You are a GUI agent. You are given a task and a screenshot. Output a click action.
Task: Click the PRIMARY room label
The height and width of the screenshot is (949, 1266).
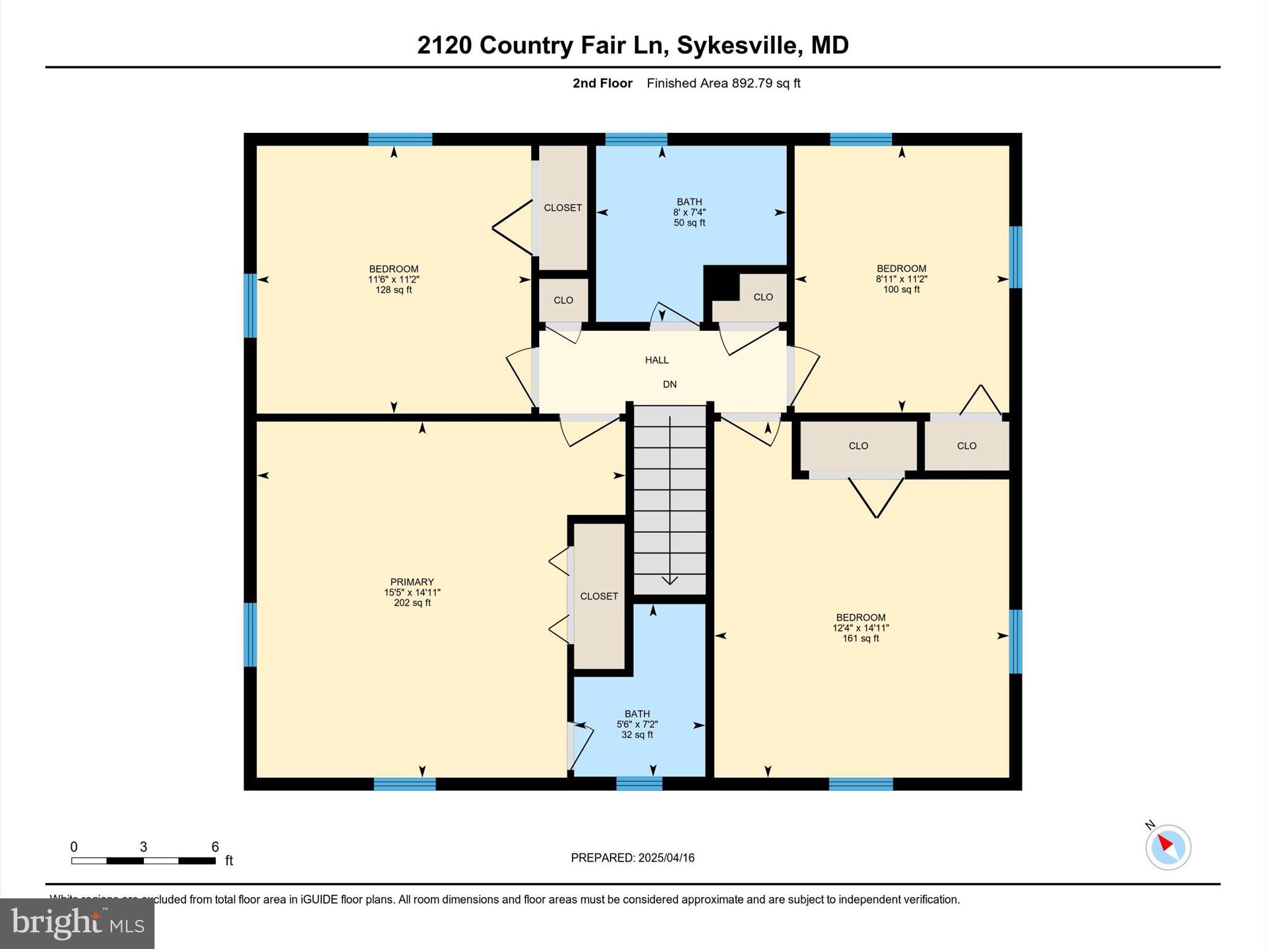coord(412,582)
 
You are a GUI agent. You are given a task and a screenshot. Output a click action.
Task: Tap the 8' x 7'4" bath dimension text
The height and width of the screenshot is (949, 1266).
coord(689,213)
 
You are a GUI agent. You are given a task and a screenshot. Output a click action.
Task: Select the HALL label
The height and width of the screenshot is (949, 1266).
coord(656,360)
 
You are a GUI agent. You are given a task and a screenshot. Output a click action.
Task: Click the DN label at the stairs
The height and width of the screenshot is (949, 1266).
coord(669,384)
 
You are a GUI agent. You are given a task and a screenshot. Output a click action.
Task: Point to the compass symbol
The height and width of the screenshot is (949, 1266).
coord(1168,847)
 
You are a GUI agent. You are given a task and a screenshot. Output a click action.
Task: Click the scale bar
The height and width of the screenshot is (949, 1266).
coord(143,861)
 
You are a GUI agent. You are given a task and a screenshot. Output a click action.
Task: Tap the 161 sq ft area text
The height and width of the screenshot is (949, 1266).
coord(860,638)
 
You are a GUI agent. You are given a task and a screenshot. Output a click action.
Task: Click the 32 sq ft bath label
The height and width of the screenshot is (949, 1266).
coord(637,735)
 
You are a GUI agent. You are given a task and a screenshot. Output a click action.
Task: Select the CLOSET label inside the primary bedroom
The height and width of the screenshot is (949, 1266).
coord(599,596)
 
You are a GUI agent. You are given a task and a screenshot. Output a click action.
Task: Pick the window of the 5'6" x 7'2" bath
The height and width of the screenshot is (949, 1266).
coord(639,783)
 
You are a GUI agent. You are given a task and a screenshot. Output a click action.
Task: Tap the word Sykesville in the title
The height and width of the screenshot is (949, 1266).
coord(736,45)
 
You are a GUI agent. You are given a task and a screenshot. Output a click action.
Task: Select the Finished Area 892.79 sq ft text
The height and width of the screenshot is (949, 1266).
coord(723,83)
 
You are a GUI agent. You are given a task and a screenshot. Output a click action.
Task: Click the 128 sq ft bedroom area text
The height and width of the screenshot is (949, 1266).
coord(394,290)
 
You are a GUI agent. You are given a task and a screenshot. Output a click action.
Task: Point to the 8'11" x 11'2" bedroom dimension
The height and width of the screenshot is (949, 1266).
coord(901,279)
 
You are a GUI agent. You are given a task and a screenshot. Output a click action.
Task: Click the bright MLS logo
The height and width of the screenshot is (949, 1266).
coord(77,923)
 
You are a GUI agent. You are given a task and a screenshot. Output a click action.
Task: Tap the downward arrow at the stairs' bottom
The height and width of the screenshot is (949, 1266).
coord(669,580)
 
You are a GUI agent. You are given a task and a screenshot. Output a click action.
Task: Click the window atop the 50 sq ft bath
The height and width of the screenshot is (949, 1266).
coord(636,139)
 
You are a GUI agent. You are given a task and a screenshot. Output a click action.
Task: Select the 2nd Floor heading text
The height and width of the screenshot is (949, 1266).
coord(602,83)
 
